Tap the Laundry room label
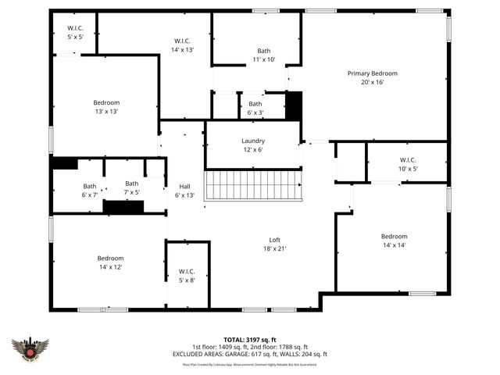click(252, 145)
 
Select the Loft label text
click(275, 245)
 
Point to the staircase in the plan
click(252, 186)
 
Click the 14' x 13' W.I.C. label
click(182, 45)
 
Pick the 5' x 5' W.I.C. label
click(74, 33)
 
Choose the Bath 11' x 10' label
click(264, 55)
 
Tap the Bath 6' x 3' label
click(255, 108)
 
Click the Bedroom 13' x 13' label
click(106, 107)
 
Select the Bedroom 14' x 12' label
click(110, 262)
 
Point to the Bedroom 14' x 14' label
click(394, 241)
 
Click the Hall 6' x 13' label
click(185, 191)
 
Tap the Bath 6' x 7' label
click(90, 191)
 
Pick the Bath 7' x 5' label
click(132, 187)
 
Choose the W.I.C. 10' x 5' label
click(408, 164)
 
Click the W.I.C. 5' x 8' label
click(187, 275)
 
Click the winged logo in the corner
click(30, 348)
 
